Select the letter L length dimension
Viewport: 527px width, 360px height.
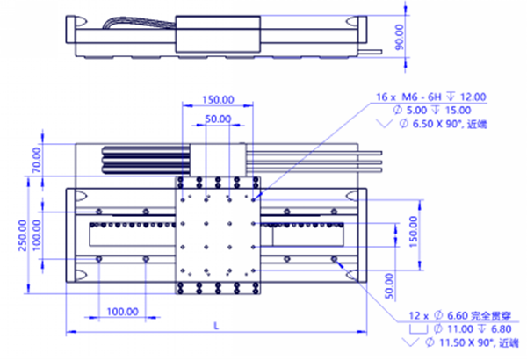(x=216, y=326)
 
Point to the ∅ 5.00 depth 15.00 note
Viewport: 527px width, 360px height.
(x=437, y=111)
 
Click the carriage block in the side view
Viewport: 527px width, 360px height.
(x=218, y=33)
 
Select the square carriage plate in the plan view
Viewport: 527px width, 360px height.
(x=218, y=235)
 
